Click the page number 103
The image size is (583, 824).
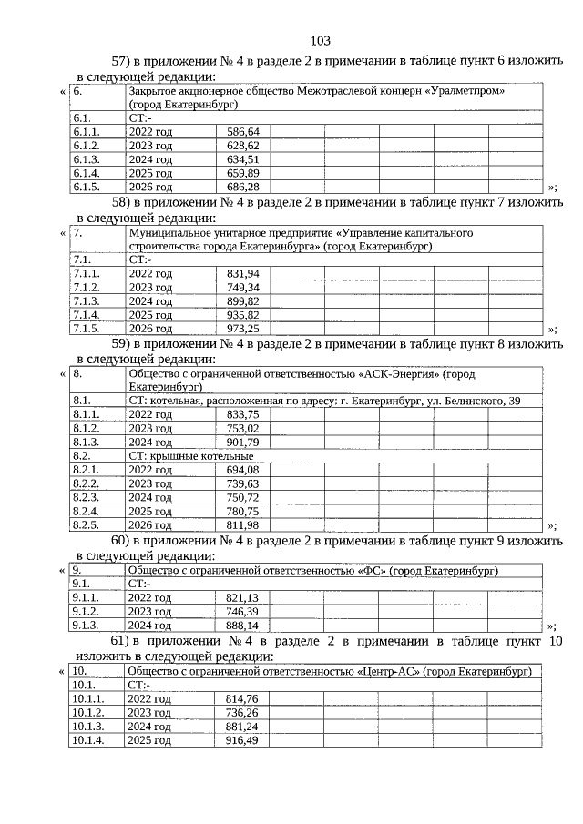[320, 41]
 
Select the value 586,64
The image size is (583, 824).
[242, 132]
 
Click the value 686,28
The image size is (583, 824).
[242, 187]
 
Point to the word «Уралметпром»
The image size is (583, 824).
[464, 92]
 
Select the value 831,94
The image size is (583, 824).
[242, 273]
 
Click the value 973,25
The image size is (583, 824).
[242, 328]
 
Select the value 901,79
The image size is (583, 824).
[242, 443]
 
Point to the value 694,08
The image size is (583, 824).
[242, 470]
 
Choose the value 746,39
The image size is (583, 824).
[242, 612]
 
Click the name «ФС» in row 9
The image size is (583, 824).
[368, 571]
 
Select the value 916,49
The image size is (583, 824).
[242, 741]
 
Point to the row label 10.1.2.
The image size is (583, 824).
[87, 713]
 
